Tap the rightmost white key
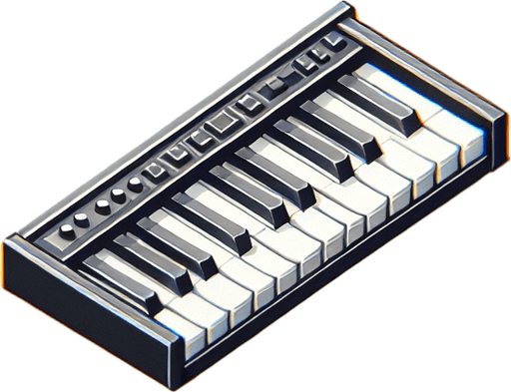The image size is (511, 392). coord(469,140)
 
